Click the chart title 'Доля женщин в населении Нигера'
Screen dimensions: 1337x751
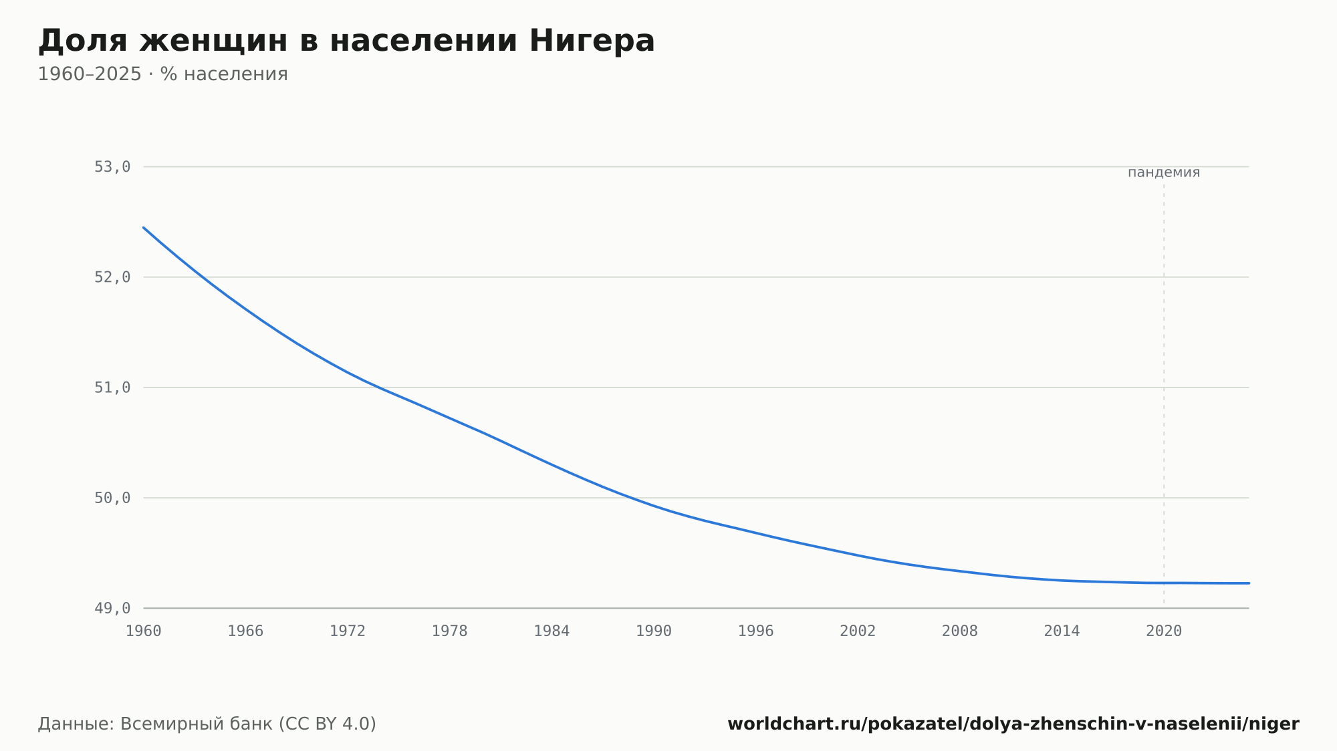point(346,41)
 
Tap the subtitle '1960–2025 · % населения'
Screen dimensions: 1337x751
point(162,74)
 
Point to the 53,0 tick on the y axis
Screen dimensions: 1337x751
point(112,167)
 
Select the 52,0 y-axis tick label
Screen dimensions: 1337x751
point(112,277)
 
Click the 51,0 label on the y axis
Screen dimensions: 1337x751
point(112,388)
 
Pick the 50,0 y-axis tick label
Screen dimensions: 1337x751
point(112,498)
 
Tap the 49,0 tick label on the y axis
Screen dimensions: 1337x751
point(112,608)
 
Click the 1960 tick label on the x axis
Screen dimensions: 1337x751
point(144,631)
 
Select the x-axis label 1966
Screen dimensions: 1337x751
point(245,631)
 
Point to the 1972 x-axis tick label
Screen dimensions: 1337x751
point(348,631)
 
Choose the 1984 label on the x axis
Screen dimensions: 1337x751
point(552,631)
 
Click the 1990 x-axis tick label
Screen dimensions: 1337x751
point(654,631)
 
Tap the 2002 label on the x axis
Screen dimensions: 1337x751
point(858,631)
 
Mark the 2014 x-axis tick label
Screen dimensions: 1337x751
point(1062,631)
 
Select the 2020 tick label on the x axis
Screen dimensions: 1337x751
point(1164,631)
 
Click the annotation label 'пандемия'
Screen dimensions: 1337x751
point(1164,172)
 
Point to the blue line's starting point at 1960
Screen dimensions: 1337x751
point(144,228)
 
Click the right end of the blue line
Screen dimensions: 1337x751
point(1249,583)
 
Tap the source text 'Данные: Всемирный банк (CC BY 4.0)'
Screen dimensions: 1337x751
point(207,724)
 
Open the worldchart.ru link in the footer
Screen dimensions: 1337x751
point(1013,724)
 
